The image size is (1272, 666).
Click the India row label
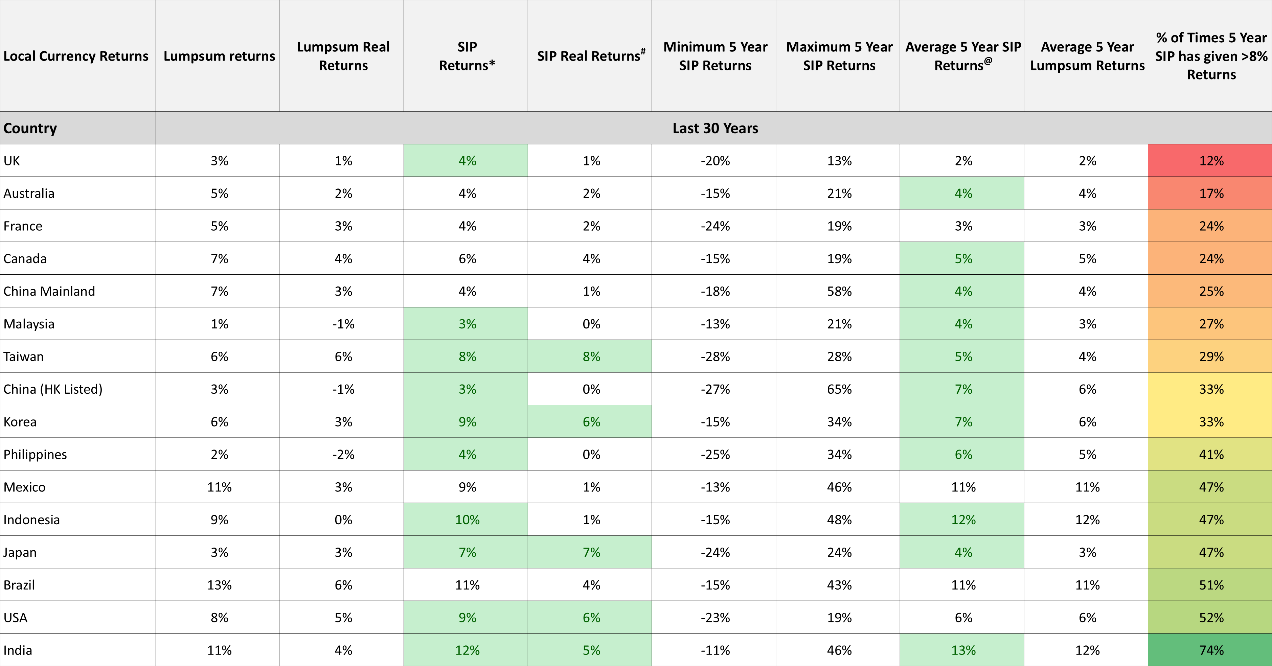pos(18,650)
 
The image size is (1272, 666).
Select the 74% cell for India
pos(1210,650)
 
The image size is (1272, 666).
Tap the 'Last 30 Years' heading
pos(715,128)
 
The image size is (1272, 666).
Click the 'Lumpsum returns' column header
pos(219,56)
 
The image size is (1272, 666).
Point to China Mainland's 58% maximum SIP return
pos(839,291)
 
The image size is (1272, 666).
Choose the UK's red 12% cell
pos(1210,160)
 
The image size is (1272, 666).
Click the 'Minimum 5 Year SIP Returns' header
pos(715,56)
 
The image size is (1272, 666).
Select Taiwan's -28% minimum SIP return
pos(715,357)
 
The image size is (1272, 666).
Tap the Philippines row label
pos(35,455)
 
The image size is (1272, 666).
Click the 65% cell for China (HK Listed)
pos(839,389)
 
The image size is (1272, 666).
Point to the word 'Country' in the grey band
pos(30,128)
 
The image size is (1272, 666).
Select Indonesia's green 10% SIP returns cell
pos(467,519)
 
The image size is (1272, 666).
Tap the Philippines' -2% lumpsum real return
pos(343,454)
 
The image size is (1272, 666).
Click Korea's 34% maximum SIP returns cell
pos(839,421)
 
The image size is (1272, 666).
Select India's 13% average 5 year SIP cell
pos(963,650)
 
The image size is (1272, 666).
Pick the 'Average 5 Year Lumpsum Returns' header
pos(1087,56)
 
